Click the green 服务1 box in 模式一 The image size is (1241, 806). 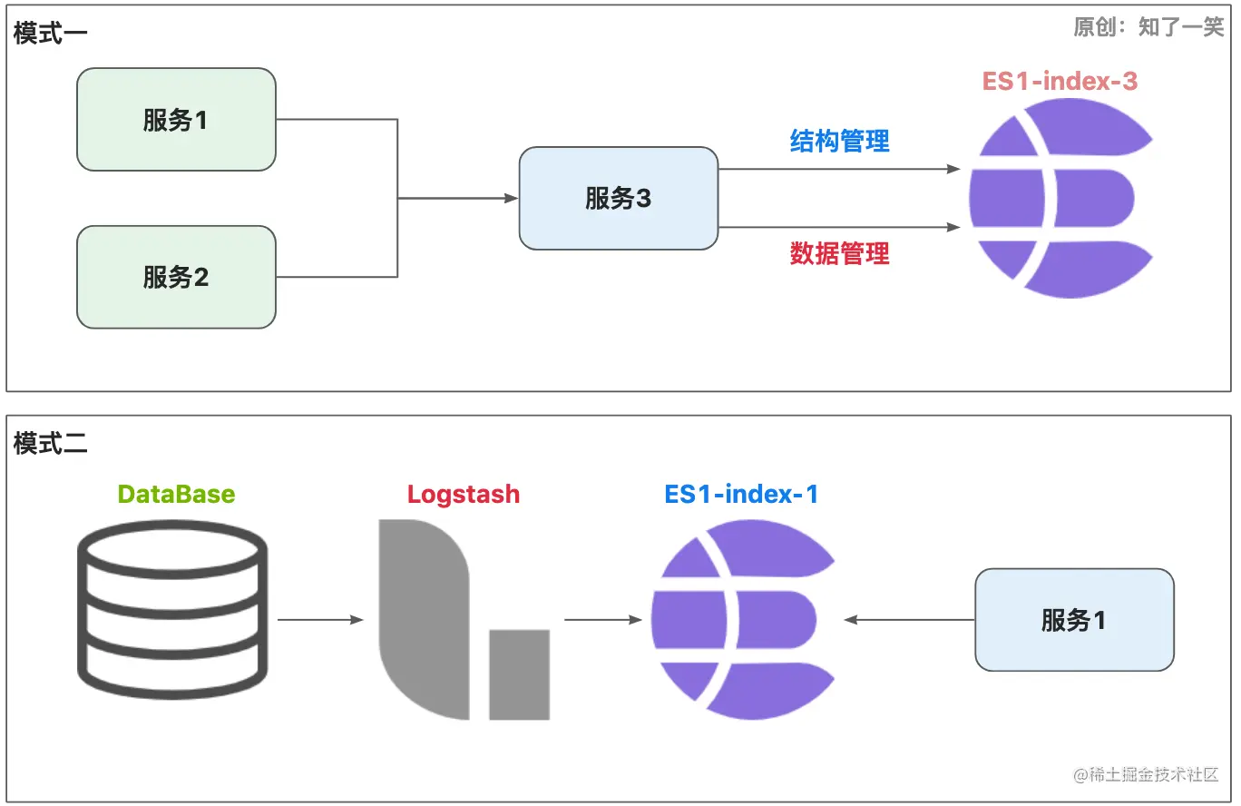[x=176, y=119]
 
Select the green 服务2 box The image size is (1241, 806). [x=176, y=277]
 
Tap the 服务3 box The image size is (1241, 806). [x=619, y=198]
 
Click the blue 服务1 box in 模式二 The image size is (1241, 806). [x=1074, y=620]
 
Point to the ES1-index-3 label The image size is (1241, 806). [x=1060, y=81]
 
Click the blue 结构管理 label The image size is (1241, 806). [x=839, y=141]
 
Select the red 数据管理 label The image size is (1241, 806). [x=839, y=253]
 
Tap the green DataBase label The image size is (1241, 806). [x=176, y=494]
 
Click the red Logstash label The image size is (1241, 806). [x=464, y=494]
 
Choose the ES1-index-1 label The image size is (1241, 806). [x=741, y=494]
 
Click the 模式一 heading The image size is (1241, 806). [x=50, y=33]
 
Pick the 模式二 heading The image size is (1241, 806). [x=50, y=444]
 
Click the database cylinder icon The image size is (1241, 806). [x=172, y=609]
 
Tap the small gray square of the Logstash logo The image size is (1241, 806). [x=519, y=674]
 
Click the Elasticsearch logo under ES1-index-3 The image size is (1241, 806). [x=1061, y=198]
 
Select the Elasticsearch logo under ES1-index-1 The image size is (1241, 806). [x=743, y=620]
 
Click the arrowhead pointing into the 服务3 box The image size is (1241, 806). [x=511, y=198]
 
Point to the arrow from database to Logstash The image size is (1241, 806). [x=320, y=620]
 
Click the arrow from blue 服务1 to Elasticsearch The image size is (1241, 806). [x=909, y=620]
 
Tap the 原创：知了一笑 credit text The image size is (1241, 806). [x=1148, y=26]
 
